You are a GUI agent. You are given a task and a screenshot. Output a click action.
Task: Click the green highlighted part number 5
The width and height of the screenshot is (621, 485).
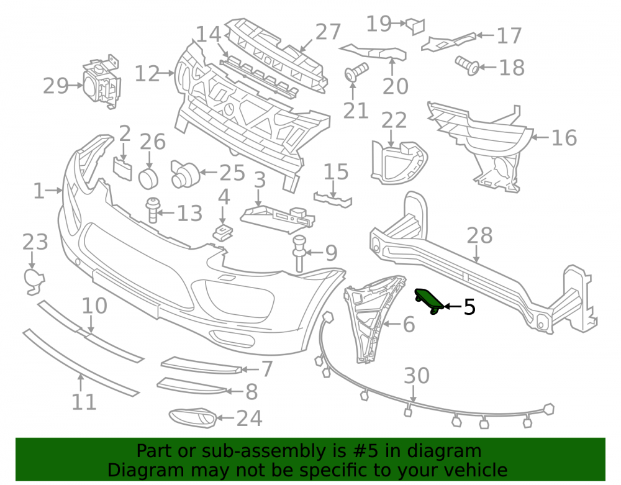pyautogui.click(x=429, y=301)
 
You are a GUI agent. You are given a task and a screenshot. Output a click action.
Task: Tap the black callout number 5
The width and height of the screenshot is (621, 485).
pyautogui.click(x=469, y=307)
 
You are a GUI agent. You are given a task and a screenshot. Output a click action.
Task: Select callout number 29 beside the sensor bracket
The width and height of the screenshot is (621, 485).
pyautogui.click(x=55, y=86)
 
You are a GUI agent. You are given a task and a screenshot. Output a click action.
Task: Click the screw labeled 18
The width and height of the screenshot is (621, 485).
pyautogui.click(x=468, y=65)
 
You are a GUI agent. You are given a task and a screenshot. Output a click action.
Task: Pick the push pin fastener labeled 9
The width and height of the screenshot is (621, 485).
pyautogui.click(x=299, y=253)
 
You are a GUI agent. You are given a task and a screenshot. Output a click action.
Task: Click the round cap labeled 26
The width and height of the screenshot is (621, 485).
pyautogui.click(x=148, y=178)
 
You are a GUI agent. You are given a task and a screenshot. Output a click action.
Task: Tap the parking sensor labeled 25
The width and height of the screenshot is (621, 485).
pyautogui.click(x=185, y=173)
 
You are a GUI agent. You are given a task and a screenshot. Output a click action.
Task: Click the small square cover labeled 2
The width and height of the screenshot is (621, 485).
pyautogui.click(x=122, y=169)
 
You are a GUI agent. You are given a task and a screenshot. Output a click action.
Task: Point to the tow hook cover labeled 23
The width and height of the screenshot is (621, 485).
pyautogui.click(x=34, y=281)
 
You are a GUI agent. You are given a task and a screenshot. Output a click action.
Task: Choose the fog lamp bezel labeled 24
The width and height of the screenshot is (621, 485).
pyautogui.click(x=193, y=418)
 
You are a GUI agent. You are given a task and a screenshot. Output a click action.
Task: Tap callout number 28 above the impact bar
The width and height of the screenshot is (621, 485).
pyautogui.click(x=479, y=235)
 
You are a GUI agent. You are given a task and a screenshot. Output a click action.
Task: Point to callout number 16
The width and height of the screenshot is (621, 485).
pyautogui.click(x=564, y=138)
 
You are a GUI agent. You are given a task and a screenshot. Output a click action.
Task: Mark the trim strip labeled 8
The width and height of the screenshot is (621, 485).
pyautogui.click(x=192, y=386)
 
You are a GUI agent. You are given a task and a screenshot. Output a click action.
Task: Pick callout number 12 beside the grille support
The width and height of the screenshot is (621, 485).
pyautogui.click(x=147, y=74)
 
